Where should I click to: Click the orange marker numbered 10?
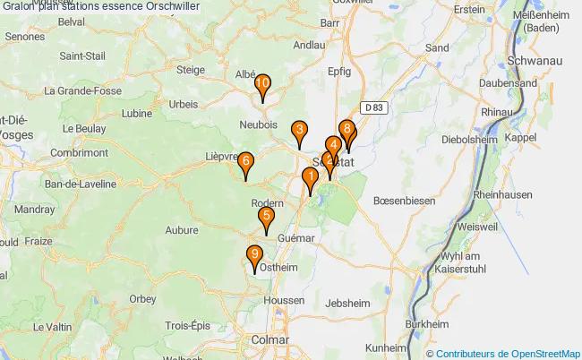tap(262, 86)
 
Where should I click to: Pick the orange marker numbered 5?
tap(266, 218)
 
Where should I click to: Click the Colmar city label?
tap(270, 340)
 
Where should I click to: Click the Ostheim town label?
tap(280, 267)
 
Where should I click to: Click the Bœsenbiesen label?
tap(404, 201)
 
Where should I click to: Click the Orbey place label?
tap(142, 298)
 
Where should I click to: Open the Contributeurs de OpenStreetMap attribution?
tap(508, 353)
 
